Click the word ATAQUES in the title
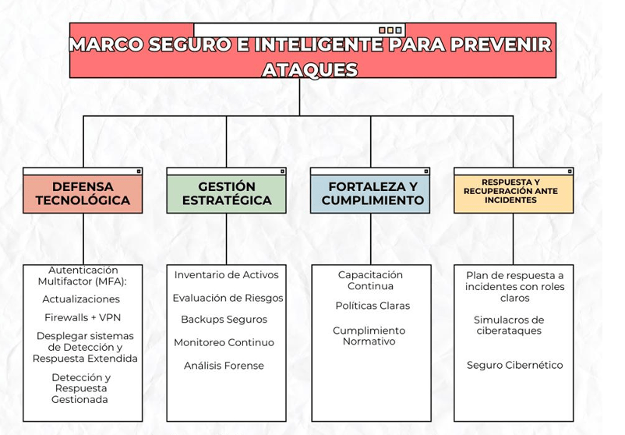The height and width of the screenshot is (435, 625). (310, 69)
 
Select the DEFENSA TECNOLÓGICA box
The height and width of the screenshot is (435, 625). (83, 193)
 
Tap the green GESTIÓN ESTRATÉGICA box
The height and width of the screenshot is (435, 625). (227, 193)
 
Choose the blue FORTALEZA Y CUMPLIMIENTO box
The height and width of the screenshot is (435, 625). (371, 193)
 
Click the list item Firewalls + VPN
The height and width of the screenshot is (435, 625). (82, 317)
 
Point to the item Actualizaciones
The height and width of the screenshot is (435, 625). (81, 299)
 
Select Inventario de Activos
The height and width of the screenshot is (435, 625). (226, 274)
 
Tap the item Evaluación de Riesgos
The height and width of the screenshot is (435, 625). (228, 298)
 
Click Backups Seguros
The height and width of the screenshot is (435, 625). (224, 319)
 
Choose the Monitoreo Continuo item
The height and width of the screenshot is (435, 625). (224, 342)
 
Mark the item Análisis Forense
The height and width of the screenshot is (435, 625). (224, 366)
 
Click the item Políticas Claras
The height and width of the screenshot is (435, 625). (373, 306)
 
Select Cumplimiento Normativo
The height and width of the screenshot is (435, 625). (369, 336)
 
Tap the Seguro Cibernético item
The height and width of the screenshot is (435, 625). (514, 365)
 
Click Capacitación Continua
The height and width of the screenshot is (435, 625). (371, 280)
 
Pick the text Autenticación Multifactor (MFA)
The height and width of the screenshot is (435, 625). (82, 274)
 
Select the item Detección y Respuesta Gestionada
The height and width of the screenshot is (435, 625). (80, 388)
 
